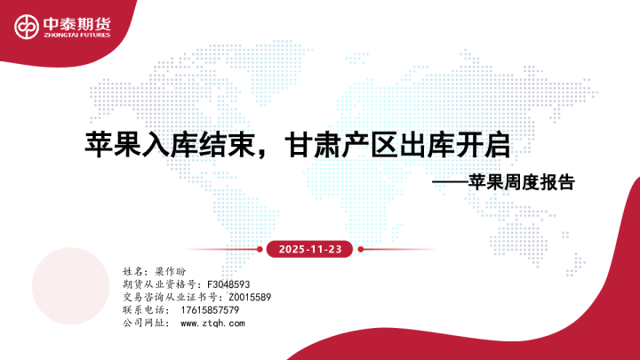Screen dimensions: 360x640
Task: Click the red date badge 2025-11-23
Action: [309, 249]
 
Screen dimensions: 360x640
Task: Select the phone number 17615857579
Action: [209, 309]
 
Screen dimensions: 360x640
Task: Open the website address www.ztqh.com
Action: [212, 323]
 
